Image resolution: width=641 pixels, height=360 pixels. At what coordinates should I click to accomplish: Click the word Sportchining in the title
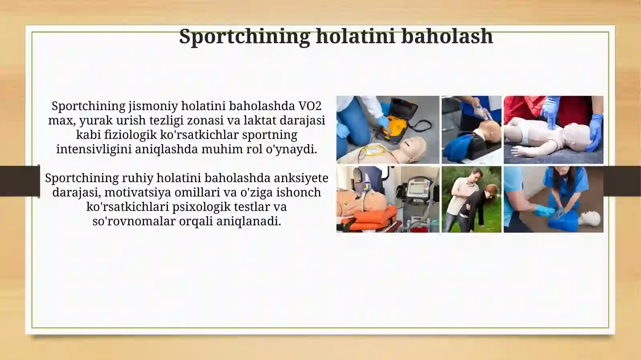(244, 36)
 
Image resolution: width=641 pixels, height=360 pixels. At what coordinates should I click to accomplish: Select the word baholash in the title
(447, 36)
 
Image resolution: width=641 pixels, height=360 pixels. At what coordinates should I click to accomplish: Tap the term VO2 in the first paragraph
(310, 106)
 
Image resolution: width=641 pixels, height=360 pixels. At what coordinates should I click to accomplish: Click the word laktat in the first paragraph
(256, 121)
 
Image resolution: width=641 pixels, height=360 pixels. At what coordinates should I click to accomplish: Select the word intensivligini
(94, 149)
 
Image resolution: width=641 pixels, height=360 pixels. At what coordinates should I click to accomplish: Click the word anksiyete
(301, 178)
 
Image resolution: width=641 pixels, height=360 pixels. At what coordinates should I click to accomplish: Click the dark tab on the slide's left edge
(19, 181)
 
